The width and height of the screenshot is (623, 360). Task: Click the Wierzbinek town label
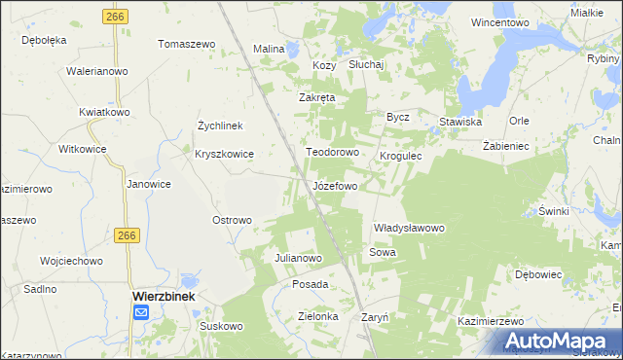(165, 295)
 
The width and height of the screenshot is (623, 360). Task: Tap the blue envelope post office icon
(141, 312)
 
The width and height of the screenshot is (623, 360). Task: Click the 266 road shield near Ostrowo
(126, 235)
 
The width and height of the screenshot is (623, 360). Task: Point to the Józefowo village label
(335, 185)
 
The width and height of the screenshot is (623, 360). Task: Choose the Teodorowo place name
(334, 153)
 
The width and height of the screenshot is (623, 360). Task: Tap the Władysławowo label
(409, 228)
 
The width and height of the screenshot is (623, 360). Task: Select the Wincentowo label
(498, 21)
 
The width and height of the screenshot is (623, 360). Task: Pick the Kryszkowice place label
(224, 154)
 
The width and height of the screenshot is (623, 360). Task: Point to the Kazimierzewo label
(492, 321)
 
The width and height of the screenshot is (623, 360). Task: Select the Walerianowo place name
(97, 71)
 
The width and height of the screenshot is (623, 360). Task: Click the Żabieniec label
(505, 145)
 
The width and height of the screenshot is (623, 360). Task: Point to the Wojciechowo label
(71, 261)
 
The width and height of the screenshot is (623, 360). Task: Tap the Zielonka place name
(317, 316)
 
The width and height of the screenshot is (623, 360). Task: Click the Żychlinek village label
(226, 126)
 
